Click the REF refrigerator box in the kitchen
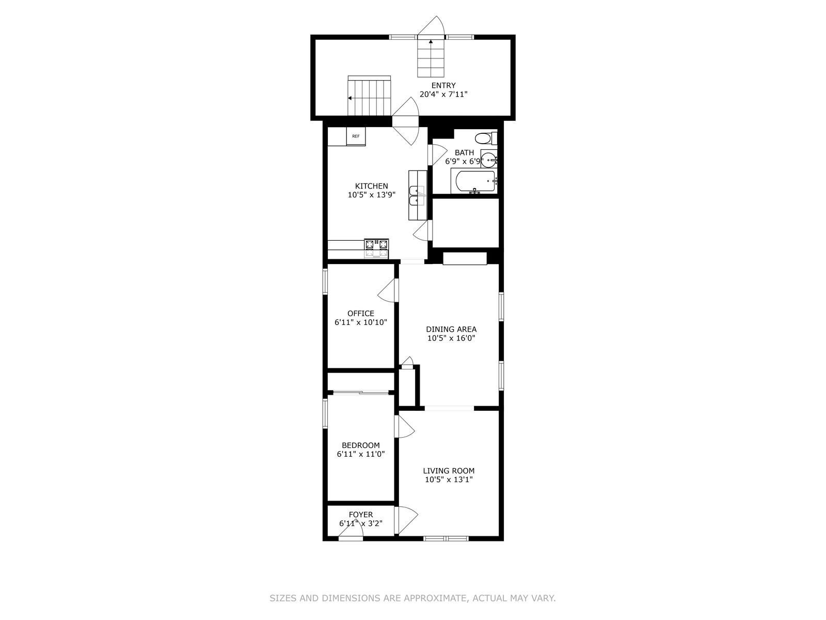click(x=356, y=136)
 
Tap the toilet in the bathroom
click(x=486, y=138)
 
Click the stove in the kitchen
click(x=376, y=249)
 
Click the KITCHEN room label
click(x=371, y=186)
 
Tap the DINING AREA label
click(x=451, y=330)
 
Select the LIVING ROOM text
click(x=449, y=471)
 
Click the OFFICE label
click(x=360, y=313)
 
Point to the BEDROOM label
click(x=360, y=445)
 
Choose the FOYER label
click(x=360, y=515)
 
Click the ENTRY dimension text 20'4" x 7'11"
click(x=443, y=94)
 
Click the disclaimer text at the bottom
click(x=412, y=598)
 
